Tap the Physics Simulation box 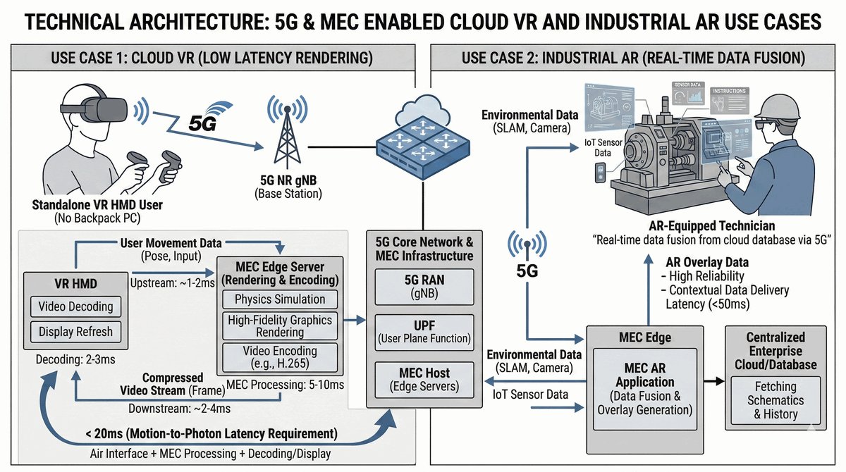(280, 299)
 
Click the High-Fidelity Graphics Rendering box (280, 326)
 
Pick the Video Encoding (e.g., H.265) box (280, 357)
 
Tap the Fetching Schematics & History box (775, 400)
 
